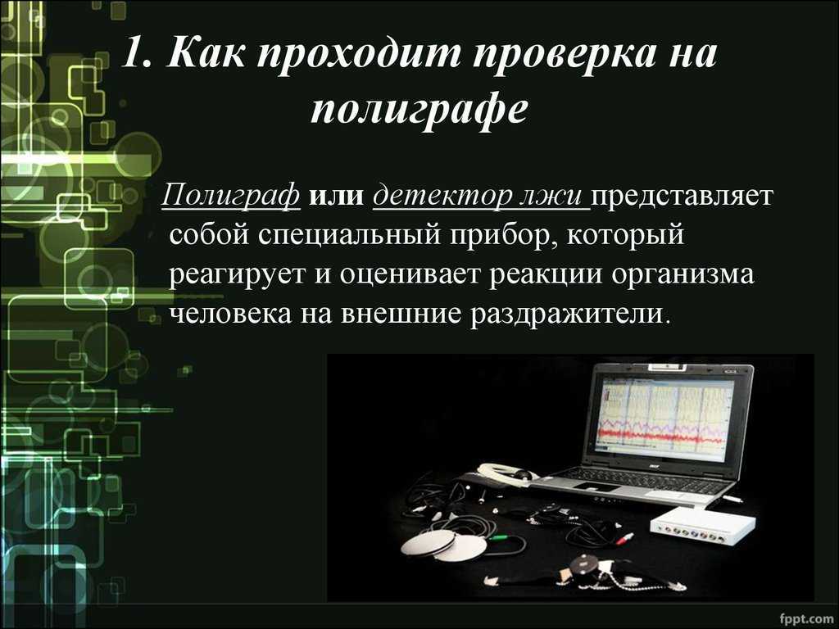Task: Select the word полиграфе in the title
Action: pyautogui.click(x=419, y=110)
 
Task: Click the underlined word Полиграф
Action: pyautogui.click(x=230, y=195)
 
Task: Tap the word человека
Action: pyautogui.click(x=230, y=314)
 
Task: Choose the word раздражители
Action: pyautogui.click(x=570, y=314)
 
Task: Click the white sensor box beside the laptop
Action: pyautogui.click(x=703, y=523)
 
